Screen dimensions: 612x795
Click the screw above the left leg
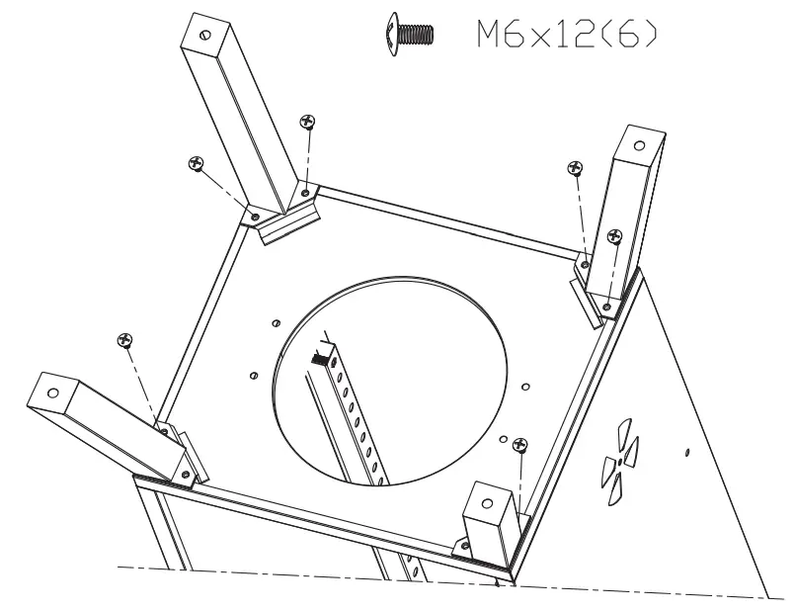tap(124, 340)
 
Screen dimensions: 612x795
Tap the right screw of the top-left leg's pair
tap(307, 122)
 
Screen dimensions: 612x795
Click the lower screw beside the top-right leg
tap(614, 236)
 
